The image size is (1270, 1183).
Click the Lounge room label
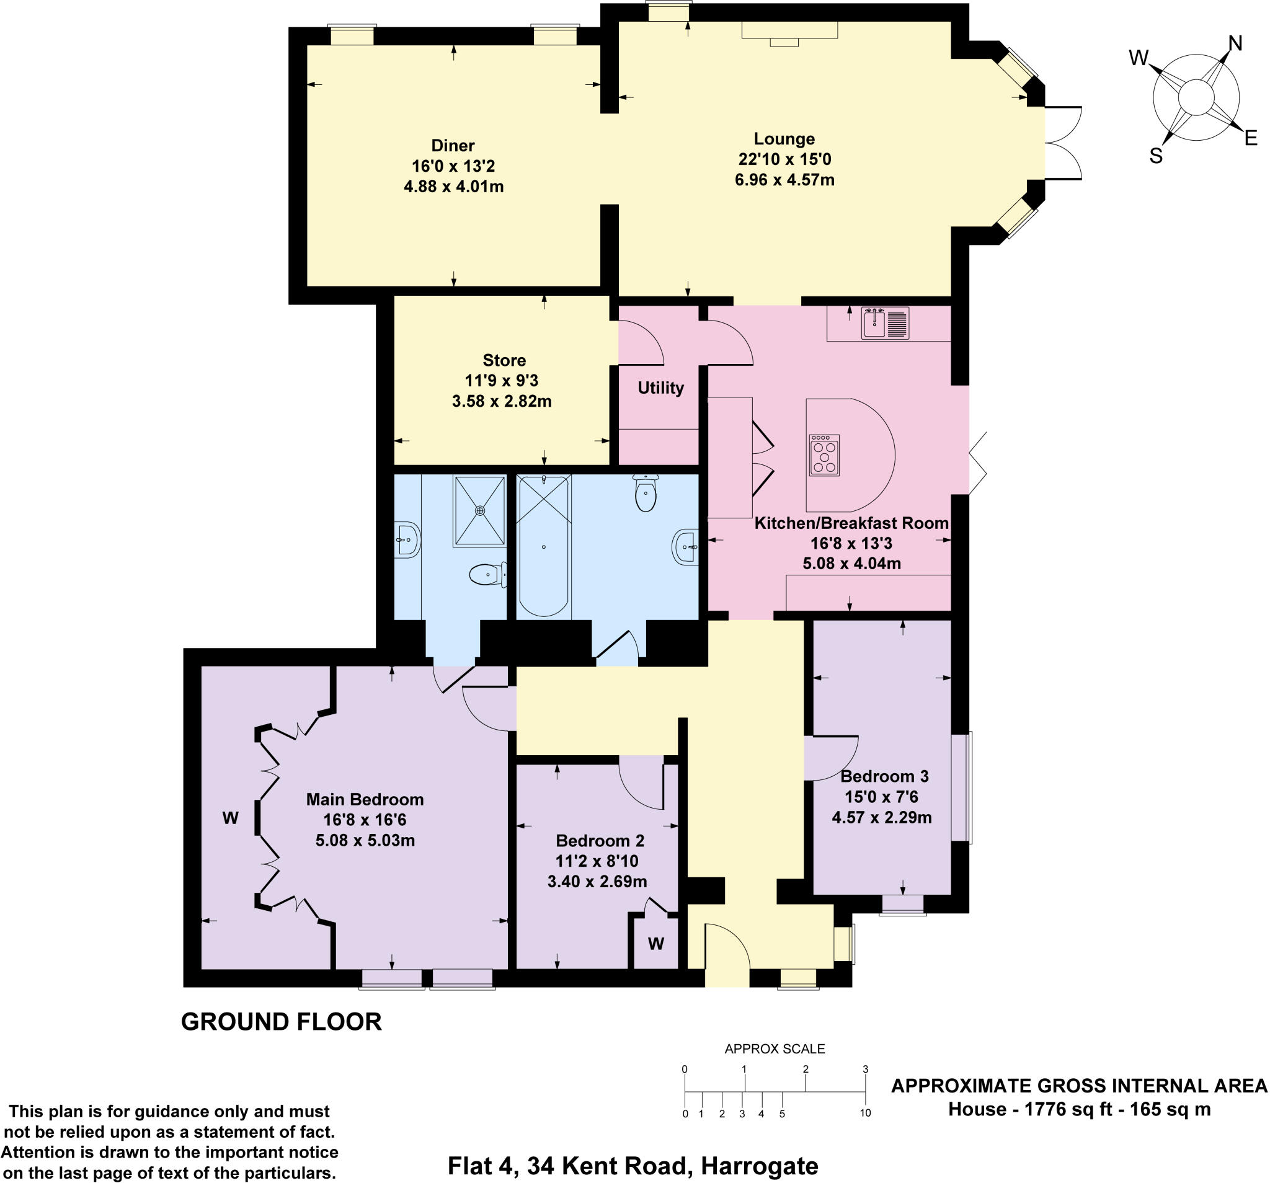click(784, 139)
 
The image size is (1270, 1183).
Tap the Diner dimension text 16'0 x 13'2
click(453, 166)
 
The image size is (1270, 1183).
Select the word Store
click(504, 360)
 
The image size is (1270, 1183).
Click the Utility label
click(660, 388)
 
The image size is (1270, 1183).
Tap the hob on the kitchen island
click(824, 456)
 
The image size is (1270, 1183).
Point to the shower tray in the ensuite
click(479, 510)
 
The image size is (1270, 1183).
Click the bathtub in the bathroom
click(543, 546)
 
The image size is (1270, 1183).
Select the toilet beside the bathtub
click(646, 494)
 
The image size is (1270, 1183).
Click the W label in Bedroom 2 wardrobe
click(656, 944)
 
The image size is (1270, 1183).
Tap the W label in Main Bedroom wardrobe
click(230, 818)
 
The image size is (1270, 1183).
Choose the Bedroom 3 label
click(884, 776)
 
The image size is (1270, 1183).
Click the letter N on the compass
click(1235, 44)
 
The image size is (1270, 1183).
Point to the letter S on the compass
click(1156, 156)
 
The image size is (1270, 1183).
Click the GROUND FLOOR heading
click(281, 1022)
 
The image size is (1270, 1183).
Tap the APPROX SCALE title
click(775, 1048)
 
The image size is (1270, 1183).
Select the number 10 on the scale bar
click(865, 1113)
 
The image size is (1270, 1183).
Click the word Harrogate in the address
click(760, 1166)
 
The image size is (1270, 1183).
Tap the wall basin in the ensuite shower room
click(406, 541)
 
